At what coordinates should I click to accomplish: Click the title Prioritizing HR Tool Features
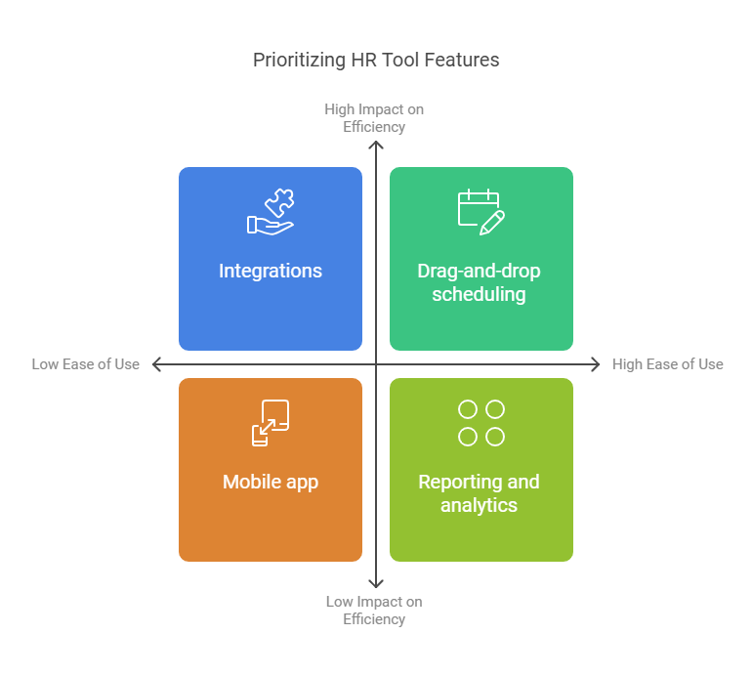tap(376, 61)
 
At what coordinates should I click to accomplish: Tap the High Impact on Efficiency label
tap(374, 118)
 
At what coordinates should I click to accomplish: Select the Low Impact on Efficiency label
tap(374, 611)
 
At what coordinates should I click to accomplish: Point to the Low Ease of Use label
tap(85, 364)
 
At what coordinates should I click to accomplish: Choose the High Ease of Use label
tap(668, 364)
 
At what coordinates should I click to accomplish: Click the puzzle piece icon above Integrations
tap(271, 212)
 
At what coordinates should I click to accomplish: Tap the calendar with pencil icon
tap(481, 212)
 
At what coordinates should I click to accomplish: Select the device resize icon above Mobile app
tap(271, 423)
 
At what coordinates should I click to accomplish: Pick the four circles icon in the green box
tap(481, 423)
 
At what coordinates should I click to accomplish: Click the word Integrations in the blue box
tap(271, 271)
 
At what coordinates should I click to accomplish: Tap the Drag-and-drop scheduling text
tap(480, 282)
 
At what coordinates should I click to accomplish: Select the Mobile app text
tap(271, 483)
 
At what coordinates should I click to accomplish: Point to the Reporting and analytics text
tap(480, 493)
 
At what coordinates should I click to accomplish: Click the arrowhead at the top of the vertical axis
tap(376, 143)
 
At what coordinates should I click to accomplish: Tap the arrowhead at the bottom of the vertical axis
tap(376, 586)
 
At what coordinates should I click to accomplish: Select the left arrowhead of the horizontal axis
tap(154, 364)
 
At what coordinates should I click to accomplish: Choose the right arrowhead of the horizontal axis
tap(598, 364)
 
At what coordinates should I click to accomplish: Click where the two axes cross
tap(376, 364)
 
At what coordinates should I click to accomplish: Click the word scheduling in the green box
tap(480, 295)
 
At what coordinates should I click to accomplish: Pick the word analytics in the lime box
tap(480, 506)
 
